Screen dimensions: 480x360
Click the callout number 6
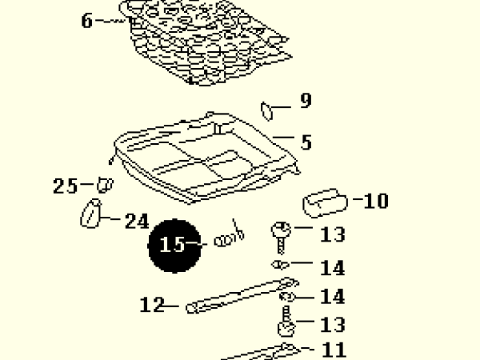click(87, 21)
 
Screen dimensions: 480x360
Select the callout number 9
click(306, 100)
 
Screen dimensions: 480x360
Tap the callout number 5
click(306, 142)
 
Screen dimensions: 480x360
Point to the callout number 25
click(65, 186)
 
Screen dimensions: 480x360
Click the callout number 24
click(137, 221)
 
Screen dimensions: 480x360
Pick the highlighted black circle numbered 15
click(174, 246)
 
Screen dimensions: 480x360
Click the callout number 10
click(376, 201)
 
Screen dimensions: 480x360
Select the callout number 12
click(152, 305)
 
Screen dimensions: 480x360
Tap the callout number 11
click(334, 350)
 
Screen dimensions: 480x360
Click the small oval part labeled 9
click(266, 111)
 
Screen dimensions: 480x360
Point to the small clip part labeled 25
click(105, 186)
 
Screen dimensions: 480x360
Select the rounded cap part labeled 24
click(90, 214)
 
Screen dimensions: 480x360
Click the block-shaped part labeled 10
click(325, 203)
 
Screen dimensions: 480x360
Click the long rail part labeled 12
click(242, 295)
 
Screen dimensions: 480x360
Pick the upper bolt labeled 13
click(281, 238)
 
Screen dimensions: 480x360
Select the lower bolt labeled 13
click(286, 322)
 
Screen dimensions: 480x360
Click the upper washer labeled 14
click(281, 265)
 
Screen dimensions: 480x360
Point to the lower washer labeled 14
click(287, 297)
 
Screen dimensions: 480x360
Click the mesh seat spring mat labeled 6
click(205, 42)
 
